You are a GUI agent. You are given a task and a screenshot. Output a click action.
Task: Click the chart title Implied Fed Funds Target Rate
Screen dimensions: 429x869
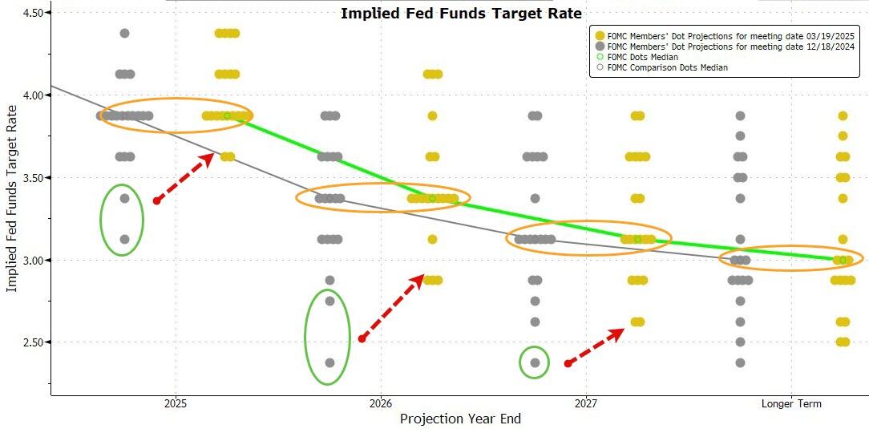(x=461, y=14)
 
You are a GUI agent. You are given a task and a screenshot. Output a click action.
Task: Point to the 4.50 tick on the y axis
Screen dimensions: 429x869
(x=32, y=13)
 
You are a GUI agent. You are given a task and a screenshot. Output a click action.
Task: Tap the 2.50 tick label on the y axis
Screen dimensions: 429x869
(x=32, y=342)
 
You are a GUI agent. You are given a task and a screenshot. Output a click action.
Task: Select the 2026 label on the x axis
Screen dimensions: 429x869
(x=381, y=403)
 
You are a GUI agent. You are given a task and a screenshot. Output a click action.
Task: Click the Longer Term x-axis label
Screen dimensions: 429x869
(x=791, y=403)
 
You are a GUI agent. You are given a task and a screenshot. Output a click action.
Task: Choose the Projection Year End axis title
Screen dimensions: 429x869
(x=460, y=419)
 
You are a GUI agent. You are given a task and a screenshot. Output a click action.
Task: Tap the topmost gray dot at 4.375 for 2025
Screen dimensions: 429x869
(x=124, y=33)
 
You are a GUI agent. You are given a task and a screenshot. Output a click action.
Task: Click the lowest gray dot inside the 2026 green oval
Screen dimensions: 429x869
(x=329, y=362)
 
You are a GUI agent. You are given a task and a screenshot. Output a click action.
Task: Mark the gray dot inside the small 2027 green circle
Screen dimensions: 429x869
(x=535, y=362)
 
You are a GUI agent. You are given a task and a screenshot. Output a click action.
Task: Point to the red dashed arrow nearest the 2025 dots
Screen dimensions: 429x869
(x=184, y=178)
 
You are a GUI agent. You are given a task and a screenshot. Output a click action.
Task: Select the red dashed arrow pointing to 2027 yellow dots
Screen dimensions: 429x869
(x=596, y=346)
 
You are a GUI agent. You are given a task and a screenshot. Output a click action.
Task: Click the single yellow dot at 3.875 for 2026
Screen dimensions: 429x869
(x=432, y=115)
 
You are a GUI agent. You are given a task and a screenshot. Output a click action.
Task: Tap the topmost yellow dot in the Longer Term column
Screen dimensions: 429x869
(x=843, y=115)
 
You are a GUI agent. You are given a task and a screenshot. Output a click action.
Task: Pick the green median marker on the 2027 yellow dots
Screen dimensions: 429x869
(x=637, y=239)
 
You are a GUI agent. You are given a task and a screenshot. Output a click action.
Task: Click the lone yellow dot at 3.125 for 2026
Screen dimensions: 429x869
(x=432, y=239)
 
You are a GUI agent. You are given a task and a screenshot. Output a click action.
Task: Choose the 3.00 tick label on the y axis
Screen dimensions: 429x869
(x=32, y=260)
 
